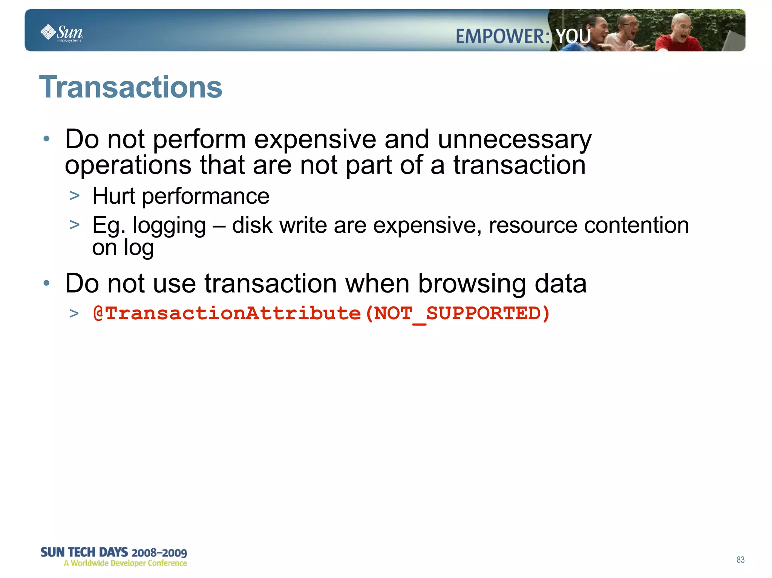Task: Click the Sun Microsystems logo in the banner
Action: pyautogui.click(x=61, y=33)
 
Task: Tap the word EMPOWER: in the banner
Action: pyautogui.click(x=503, y=37)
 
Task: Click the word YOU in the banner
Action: pyautogui.click(x=573, y=37)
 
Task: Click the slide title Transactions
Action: pyautogui.click(x=130, y=87)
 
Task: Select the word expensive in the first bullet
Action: pyautogui.click(x=315, y=139)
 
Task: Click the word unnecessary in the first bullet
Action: pyautogui.click(x=515, y=139)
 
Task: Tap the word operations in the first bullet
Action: pyautogui.click(x=128, y=166)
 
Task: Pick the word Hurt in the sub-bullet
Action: pyautogui.click(x=113, y=196)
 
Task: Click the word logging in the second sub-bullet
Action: pyautogui.click(x=169, y=226)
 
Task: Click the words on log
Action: pyautogui.click(x=123, y=247)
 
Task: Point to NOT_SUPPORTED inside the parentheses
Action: pyautogui.click(x=457, y=313)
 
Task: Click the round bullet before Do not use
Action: pyautogui.click(x=46, y=283)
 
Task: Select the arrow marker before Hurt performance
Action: pyautogui.click(x=75, y=196)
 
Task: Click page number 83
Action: pyautogui.click(x=740, y=560)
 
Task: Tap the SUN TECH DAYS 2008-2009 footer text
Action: pyautogui.click(x=113, y=552)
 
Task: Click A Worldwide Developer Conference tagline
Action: pyautogui.click(x=126, y=563)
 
